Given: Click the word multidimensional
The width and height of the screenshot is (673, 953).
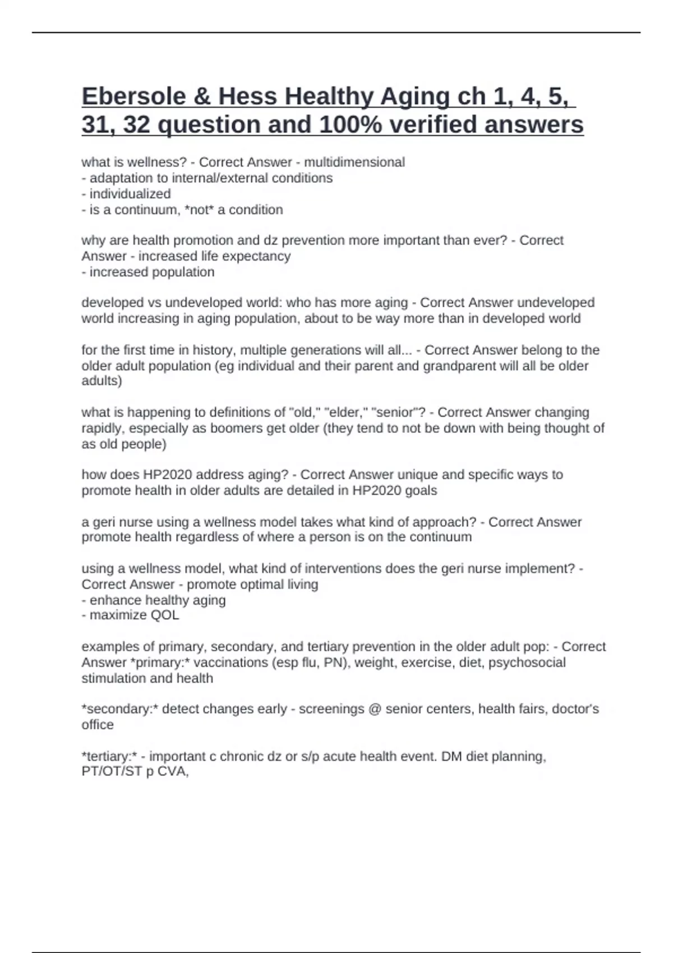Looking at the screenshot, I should pos(354,163).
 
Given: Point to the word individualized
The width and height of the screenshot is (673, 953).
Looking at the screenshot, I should pos(130,194).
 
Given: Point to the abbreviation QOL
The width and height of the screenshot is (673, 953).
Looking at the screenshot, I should pos(164,615).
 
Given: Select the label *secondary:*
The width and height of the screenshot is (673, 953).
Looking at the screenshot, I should pos(119,709).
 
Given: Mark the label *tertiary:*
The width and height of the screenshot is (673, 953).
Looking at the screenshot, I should pos(109,757).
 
